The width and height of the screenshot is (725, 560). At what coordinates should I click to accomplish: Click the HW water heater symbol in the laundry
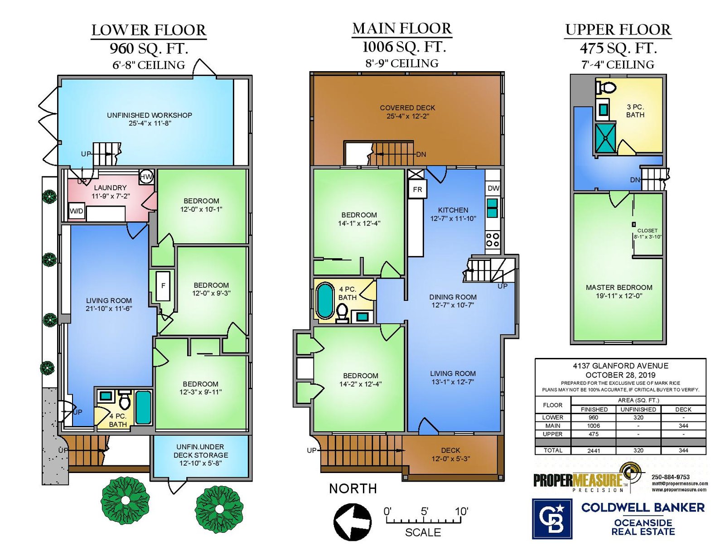coord(146,177)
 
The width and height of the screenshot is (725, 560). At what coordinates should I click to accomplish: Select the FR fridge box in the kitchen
coord(417,189)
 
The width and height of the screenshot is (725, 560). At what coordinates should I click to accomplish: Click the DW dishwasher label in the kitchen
coord(493,188)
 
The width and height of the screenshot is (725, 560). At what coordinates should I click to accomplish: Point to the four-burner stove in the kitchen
coord(493,240)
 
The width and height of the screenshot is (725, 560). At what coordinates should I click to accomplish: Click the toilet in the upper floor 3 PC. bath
coord(605,87)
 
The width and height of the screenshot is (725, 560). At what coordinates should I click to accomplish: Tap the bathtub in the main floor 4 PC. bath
coord(325,300)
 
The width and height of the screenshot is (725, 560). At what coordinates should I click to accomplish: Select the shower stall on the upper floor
coord(605,138)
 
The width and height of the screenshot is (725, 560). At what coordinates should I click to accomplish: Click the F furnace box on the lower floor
coord(163,286)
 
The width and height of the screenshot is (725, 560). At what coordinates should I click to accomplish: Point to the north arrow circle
coord(353,522)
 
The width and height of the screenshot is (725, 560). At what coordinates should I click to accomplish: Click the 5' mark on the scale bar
coord(425,512)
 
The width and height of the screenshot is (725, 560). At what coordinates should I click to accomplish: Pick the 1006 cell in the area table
coord(594,425)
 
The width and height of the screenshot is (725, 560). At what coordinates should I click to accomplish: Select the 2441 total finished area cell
coord(594,450)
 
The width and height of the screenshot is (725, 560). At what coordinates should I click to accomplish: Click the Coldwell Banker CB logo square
coord(552,519)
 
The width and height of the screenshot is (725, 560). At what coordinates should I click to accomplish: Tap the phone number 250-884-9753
coord(671,477)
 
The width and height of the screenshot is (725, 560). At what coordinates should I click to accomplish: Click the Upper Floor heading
coord(618,30)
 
